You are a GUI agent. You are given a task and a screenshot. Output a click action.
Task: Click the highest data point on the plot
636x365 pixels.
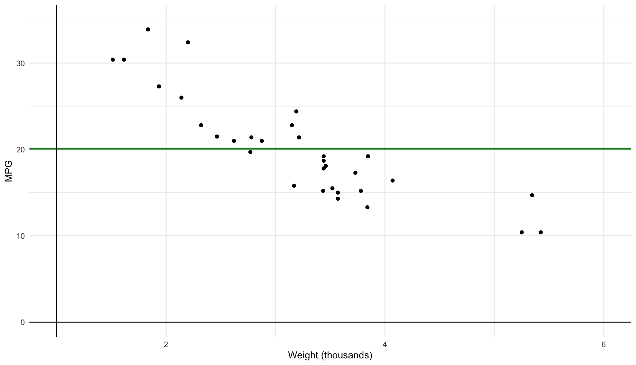click(x=148, y=29)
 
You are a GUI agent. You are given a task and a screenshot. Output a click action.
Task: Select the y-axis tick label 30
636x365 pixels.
click(x=21, y=63)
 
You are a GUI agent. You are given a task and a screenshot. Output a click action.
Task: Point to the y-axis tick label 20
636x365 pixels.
click(x=21, y=150)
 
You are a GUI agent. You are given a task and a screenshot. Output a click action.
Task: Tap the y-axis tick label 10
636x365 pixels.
click(x=21, y=236)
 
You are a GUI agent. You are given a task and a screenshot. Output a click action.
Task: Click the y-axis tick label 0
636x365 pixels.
click(x=23, y=322)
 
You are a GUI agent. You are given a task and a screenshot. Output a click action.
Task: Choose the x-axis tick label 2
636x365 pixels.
click(x=166, y=345)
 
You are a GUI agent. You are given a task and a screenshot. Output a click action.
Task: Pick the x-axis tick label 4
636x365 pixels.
click(x=385, y=345)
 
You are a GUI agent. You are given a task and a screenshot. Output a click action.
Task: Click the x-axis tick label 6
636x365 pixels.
click(x=604, y=345)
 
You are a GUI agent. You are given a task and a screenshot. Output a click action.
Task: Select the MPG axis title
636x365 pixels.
click(x=9, y=171)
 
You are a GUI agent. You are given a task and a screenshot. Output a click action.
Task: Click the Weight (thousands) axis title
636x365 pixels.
click(x=330, y=355)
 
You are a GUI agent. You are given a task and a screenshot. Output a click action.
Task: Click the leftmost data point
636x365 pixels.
click(x=113, y=60)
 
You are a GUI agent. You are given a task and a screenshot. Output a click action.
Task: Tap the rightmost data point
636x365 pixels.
click(x=541, y=232)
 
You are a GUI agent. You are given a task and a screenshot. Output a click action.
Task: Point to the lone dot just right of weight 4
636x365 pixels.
click(x=393, y=181)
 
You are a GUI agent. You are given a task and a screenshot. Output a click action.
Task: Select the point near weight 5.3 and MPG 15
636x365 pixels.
click(x=532, y=195)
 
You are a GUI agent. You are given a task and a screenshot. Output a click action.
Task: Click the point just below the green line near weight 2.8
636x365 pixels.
click(x=250, y=152)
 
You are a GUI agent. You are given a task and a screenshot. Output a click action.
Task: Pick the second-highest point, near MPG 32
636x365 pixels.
click(x=188, y=42)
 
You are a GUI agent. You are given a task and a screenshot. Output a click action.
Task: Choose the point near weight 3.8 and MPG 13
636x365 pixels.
click(x=367, y=207)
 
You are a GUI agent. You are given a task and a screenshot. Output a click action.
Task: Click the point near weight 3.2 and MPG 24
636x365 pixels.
click(x=296, y=111)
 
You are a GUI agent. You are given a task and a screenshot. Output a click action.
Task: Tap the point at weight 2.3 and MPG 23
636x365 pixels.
click(x=201, y=125)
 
